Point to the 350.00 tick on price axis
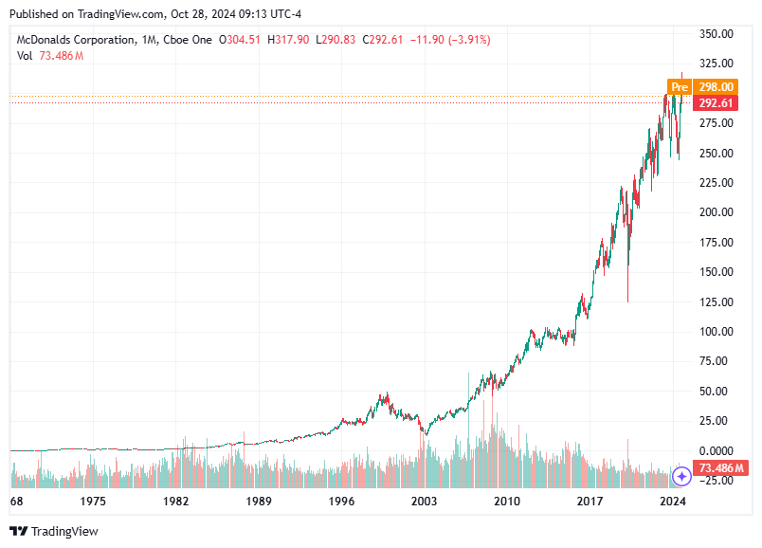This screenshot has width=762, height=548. tap(717, 33)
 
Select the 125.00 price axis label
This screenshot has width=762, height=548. tap(717, 301)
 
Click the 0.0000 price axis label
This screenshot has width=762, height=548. tap(717, 450)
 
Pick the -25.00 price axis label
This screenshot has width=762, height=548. tap(717, 480)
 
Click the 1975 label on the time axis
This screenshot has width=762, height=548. tap(93, 500)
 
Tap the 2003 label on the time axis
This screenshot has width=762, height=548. tap(424, 500)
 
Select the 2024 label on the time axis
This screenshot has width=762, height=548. tap(673, 500)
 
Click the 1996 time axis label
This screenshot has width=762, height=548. tap(341, 500)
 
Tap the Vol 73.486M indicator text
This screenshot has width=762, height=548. tap(50, 56)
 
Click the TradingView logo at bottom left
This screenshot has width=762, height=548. tap(54, 531)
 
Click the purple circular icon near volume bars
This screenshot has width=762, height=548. tap(681, 475)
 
